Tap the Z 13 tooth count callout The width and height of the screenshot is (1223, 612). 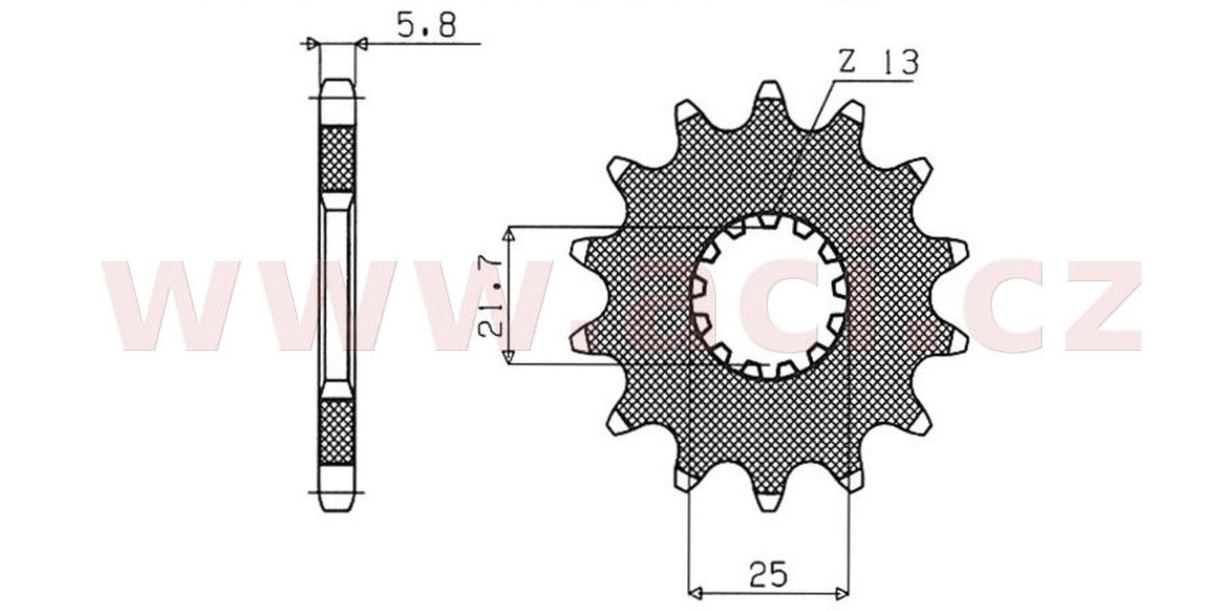(878, 62)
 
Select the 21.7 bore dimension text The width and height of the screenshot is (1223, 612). (490, 295)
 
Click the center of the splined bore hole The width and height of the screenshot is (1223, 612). (769, 296)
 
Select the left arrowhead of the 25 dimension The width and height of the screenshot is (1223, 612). (695, 592)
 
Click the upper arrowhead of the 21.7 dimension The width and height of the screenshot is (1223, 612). (509, 235)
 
